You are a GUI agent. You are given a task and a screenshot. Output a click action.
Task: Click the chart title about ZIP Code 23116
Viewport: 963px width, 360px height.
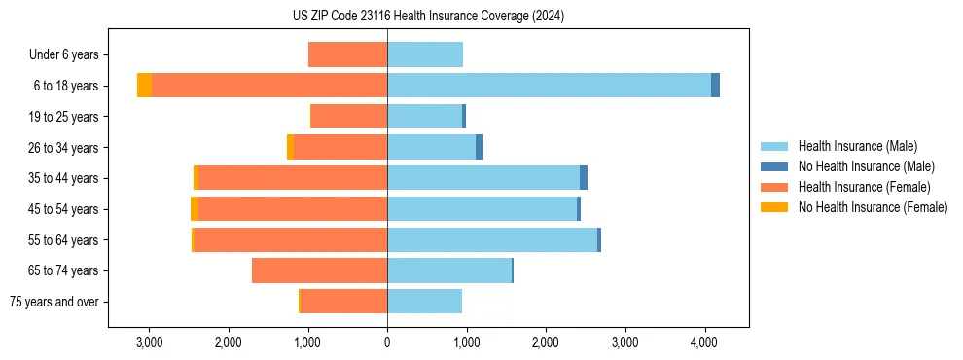coord(428,17)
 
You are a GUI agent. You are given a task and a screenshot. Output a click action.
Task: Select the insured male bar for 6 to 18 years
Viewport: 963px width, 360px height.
coord(549,86)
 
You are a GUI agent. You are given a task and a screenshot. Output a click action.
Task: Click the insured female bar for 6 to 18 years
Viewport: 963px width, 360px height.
coord(269,86)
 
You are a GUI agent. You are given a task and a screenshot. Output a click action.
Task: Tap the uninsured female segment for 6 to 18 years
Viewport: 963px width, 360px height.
coord(144,86)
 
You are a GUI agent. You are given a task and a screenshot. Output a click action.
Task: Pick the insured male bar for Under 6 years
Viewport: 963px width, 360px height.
coord(425,54)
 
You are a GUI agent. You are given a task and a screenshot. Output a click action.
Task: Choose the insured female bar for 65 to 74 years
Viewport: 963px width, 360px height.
coord(319,270)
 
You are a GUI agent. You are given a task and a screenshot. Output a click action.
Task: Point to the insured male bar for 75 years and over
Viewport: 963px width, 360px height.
coord(424,302)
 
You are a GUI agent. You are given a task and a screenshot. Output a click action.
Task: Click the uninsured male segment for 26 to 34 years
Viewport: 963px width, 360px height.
coord(480,147)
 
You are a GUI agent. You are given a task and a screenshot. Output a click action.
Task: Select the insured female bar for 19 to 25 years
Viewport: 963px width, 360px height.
coord(349,117)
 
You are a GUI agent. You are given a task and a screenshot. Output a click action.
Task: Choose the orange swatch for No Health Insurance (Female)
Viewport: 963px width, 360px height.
coord(774,207)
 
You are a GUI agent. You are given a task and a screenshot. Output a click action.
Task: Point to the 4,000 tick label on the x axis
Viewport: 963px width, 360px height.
coord(704,342)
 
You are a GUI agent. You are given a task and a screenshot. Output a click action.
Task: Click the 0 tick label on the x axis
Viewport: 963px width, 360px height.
coord(387,342)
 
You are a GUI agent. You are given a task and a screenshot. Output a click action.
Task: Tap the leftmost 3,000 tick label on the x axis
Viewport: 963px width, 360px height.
coord(149,342)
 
